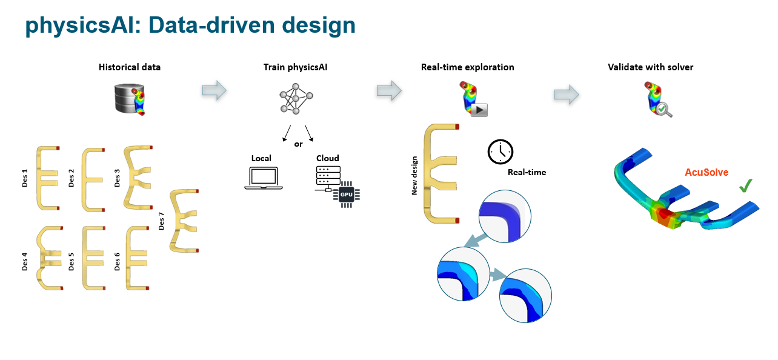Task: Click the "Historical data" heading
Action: click(130, 67)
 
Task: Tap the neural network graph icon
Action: click(296, 98)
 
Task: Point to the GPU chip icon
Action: click(346, 195)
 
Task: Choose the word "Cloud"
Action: click(328, 158)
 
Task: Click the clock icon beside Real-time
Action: click(500, 151)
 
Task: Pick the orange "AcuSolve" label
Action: click(706, 173)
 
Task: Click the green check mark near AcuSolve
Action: click(746, 186)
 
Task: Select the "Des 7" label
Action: click(162, 222)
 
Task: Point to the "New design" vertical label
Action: click(415, 173)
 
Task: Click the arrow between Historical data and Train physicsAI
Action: click(214, 91)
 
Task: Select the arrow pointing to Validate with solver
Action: click(566, 94)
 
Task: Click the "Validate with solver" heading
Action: click(650, 67)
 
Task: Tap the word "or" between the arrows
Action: click(298, 144)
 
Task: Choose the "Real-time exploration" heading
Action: click(467, 67)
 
